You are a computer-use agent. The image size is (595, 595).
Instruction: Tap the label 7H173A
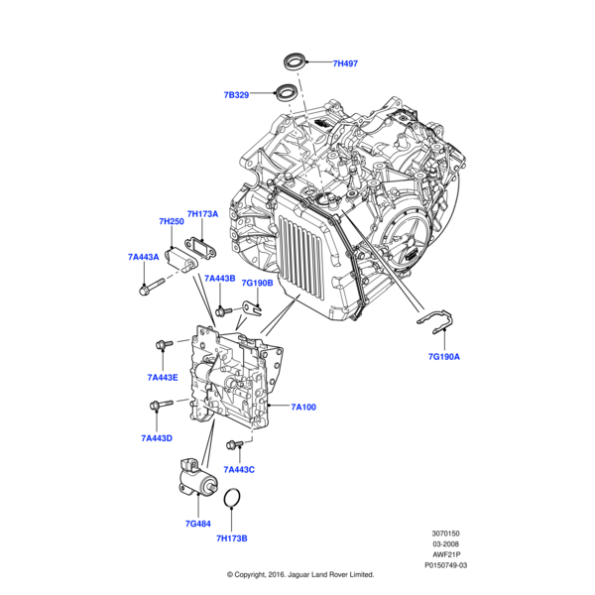[x=203, y=213]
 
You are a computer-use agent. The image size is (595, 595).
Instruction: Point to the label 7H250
[x=172, y=222]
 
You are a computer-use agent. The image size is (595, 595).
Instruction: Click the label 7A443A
[x=144, y=257]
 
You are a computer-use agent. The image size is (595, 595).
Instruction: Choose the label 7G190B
[x=256, y=282]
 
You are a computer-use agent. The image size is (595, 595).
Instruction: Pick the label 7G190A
[x=443, y=354]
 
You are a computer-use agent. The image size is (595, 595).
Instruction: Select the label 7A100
[x=303, y=407]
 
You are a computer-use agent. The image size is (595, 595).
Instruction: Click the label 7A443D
[x=157, y=437]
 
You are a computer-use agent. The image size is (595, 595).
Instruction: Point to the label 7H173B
[x=231, y=538]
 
